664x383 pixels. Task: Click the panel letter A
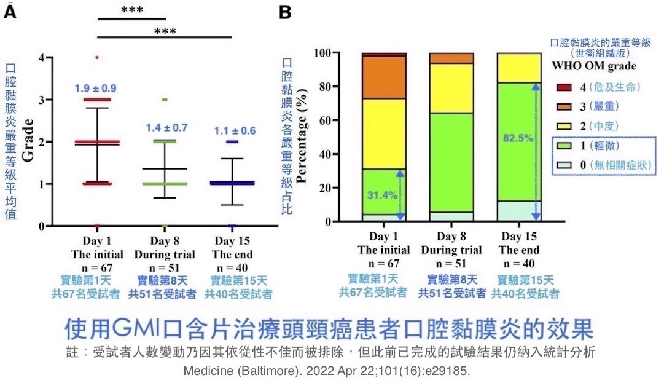[10, 12]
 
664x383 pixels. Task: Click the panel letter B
[286, 12]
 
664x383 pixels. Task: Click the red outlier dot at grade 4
[97, 58]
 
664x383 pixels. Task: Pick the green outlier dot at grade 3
[165, 100]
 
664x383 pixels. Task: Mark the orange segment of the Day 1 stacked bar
[383, 77]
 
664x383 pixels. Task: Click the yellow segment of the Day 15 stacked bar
[518, 68]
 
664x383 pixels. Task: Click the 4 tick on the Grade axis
[41, 58]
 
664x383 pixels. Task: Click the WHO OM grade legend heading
[593, 66]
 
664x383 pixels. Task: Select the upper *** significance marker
[133, 10]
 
